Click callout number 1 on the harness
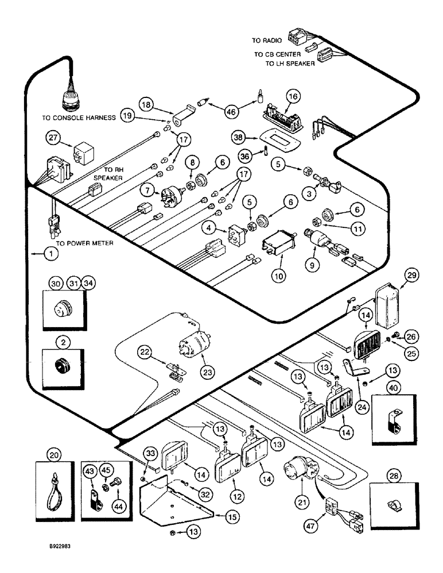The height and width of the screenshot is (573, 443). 36,253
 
